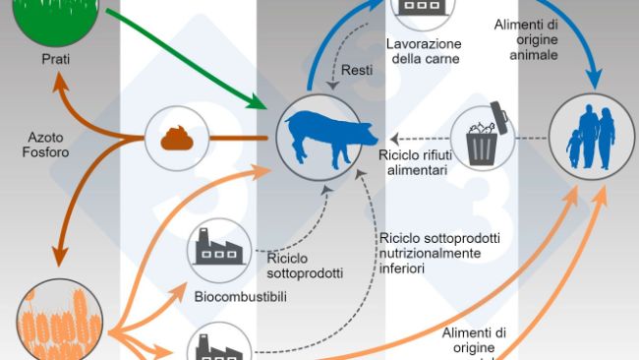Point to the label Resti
[x=356, y=69]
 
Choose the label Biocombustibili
[x=239, y=296]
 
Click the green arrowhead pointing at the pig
[x=259, y=101]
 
